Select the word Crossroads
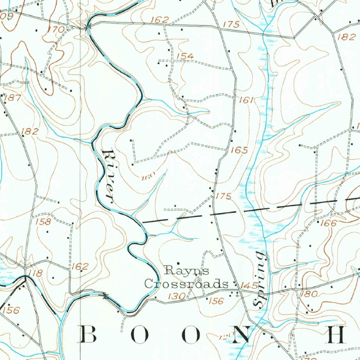point(185,284)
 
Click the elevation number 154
point(185,56)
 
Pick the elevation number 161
point(246,100)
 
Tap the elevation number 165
point(239,150)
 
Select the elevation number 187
point(13,98)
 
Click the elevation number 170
point(56,30)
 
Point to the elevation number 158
point(43,222)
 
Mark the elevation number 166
point(329,223)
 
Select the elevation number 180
point(309,294)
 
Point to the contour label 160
point(148,178)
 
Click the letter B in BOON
point(89,334)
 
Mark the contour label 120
point(224,337)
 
